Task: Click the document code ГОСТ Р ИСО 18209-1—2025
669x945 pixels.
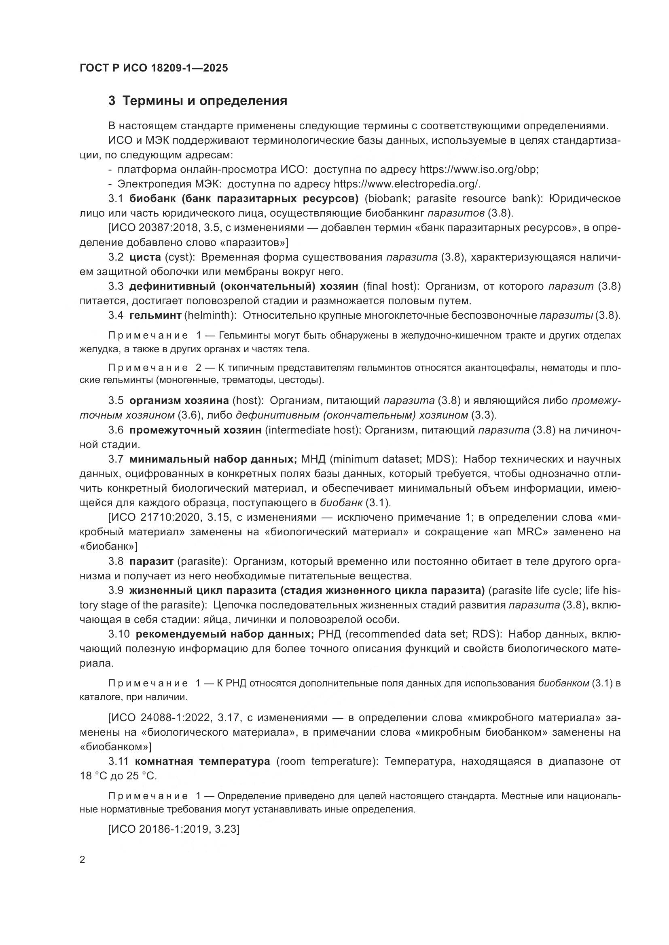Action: click(x=154, y=68)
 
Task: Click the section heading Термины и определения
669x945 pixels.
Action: click(x=205, y=101)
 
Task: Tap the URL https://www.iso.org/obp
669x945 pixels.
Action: click(x=478, y=170)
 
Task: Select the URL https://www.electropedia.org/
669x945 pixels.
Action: click(x=406, y=184)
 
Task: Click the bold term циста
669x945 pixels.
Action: click(x=145, y=257)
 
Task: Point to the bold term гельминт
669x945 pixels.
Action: click(x=155, y=315)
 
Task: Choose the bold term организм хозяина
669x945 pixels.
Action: click(x=179, y=400)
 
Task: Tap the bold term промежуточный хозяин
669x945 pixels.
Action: click(x=195, y=430)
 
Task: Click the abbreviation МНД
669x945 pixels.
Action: click(x=315, y=459)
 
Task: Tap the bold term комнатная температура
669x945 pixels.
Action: click(x=202, y=762)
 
